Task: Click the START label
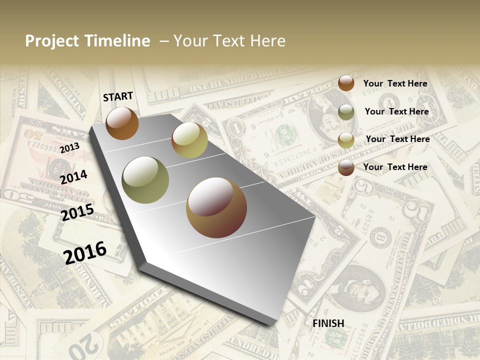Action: click(118, 96)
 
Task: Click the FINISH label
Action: click(328, 323)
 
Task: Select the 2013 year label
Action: click(69, 148)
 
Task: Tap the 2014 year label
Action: click(73, 177)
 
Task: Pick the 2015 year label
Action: click(77, 212)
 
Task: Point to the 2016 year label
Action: click(85, 252)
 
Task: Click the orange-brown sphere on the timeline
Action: click(122, 123)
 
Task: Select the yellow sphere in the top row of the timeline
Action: click(189, 140)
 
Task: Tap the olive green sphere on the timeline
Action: click(145, 179)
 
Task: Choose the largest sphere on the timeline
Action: click(216, 207)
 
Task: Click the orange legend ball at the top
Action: click(346, 83)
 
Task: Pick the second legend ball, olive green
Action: click(346, 112)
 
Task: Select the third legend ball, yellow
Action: click(346, 140)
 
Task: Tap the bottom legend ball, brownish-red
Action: click(346, 167)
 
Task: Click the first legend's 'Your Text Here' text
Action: click(395, 83)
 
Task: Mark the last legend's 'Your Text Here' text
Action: click(395, 167)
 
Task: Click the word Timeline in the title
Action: click(117, 41)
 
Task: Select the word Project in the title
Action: click(51, 41)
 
